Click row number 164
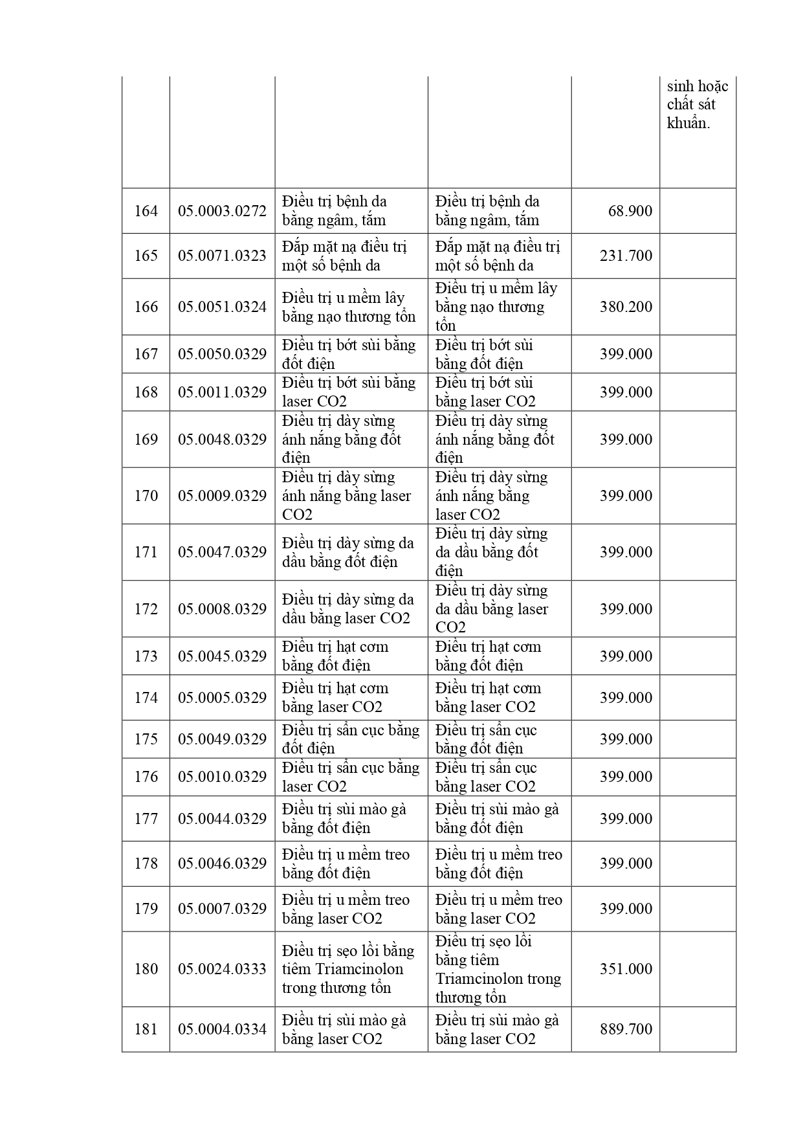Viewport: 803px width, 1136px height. (146, 211)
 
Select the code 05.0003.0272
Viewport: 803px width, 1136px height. (222, 211)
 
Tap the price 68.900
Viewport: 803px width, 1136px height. (630, 211)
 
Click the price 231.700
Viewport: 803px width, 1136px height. (626, 256)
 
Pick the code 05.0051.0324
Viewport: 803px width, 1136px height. (222, 307)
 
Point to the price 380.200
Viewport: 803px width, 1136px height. (626, 307)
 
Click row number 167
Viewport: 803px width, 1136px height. (146, 354)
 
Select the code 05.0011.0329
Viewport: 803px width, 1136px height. (222, 392)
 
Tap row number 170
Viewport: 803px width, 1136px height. (146, 496)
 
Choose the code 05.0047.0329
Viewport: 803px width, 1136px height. (222, 552)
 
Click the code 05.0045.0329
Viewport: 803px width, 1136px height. (222, 656)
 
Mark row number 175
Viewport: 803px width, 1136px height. (146, 739)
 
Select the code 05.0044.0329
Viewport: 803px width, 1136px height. (222, 819)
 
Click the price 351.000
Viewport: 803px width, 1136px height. (626, 969)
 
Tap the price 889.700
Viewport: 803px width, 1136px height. (626, 1029)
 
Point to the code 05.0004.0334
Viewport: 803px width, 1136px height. (222, 1029)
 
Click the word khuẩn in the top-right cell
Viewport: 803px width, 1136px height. (688, 123)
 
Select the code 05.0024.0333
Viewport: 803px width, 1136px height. (222, 969)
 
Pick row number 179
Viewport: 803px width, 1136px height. (146, 909)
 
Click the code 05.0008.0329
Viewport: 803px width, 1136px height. (222, 609)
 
